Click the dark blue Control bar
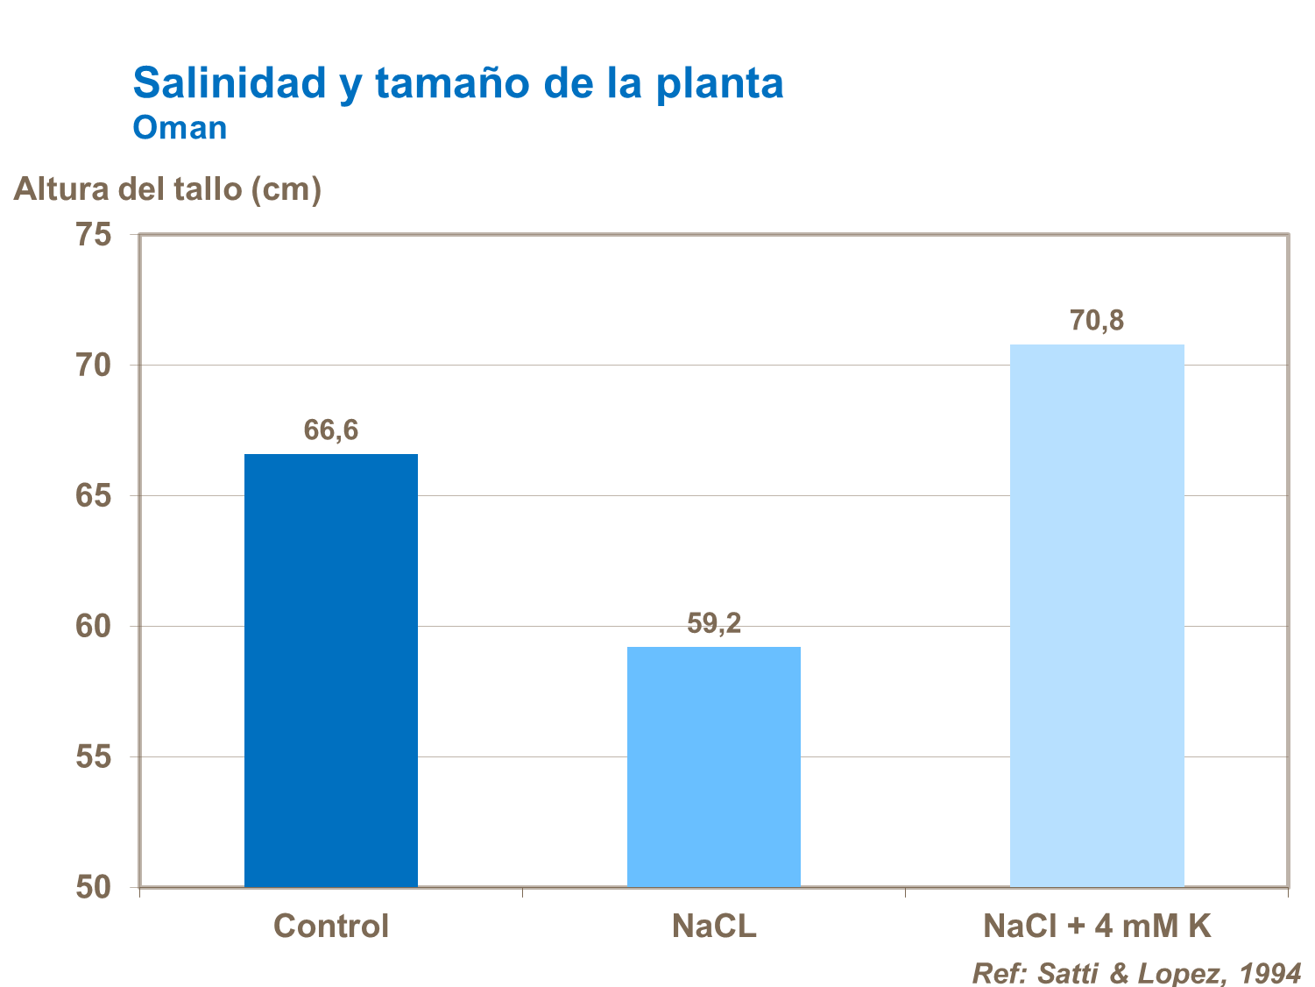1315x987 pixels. (331, 671)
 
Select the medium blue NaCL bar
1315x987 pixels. (714, 767)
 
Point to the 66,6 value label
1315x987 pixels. (331, 430)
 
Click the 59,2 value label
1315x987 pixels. (714, 623)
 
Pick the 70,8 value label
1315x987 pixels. (1097, 321)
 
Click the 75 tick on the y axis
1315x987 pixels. (94, 235)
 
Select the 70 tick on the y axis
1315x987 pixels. (94, 365)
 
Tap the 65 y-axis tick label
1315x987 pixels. (94, 495)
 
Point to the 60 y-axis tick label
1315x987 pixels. (94, 626)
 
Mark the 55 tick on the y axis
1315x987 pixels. (94, 756)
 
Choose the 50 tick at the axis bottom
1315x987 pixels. (94, 887)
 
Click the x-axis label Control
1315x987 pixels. (331, 927)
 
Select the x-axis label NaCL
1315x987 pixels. (714, 927)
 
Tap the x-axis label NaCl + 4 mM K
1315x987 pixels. (1097, 927)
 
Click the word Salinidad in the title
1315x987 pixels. (230, 83)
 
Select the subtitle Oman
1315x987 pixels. (180, 128)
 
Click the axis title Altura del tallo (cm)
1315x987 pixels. (167, 189)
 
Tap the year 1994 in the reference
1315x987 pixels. (1270, 973)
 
